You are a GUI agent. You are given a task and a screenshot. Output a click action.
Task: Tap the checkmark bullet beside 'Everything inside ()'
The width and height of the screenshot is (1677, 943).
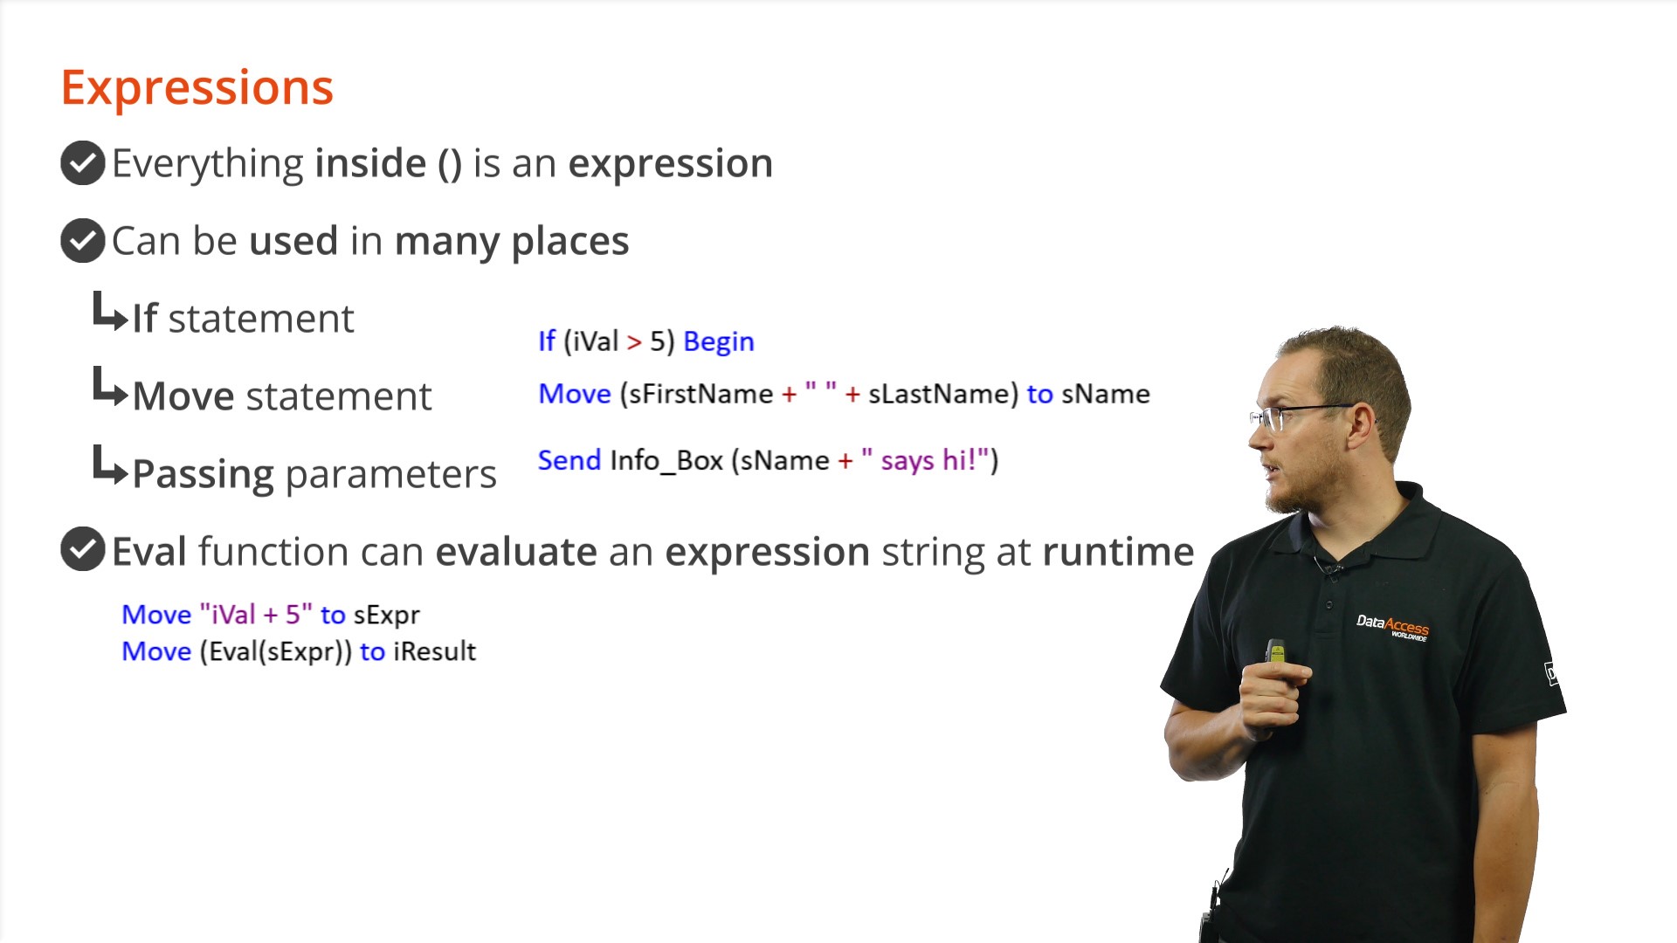(x=83, y=163)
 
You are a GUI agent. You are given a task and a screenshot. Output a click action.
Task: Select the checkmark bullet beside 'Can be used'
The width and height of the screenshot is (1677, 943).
(x=83, y=240)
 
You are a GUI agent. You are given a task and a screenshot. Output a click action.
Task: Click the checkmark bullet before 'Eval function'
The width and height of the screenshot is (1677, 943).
(x=83, y=549)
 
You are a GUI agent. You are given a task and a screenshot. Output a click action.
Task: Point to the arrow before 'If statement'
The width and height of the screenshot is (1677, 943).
(x=110, y=312)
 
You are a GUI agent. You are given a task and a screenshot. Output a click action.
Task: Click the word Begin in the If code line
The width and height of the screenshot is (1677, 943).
(x=719, y=341)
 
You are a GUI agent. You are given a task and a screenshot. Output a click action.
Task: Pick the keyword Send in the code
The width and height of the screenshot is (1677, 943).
(x=569, y=460)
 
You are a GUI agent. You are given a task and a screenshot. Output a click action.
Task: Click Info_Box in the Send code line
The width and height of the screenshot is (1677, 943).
(x=666, y=461)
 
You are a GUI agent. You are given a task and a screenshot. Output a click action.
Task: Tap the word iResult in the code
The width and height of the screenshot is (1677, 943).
(x=434, y=651)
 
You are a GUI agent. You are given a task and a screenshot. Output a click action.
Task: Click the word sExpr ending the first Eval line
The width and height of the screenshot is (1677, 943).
(x=387, y=616)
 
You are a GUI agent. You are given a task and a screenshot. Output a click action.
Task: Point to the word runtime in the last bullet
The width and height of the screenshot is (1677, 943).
(x=1118, y=552)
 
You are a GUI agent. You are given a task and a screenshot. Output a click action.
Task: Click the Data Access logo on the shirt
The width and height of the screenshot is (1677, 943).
(x=1392, y=627)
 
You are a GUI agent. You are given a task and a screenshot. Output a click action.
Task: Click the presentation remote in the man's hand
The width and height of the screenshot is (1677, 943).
(x=1276, y=652)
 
